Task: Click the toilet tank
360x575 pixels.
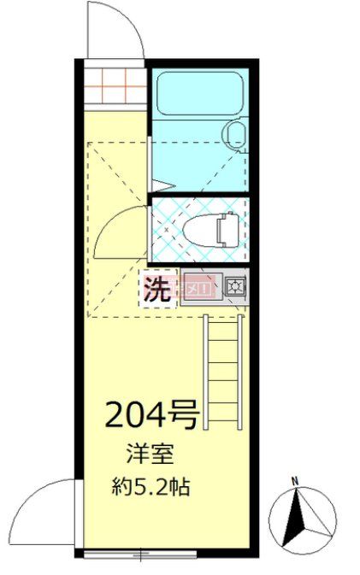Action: [227, 229]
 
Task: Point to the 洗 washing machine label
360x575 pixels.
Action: [156, 289]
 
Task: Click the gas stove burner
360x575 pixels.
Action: [234, 285]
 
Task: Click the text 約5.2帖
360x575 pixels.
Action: [151, 489]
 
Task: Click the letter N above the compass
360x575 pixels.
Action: [294, 481]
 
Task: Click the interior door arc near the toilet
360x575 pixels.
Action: [115, 229]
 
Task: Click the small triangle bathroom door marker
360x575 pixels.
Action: [163, 184]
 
